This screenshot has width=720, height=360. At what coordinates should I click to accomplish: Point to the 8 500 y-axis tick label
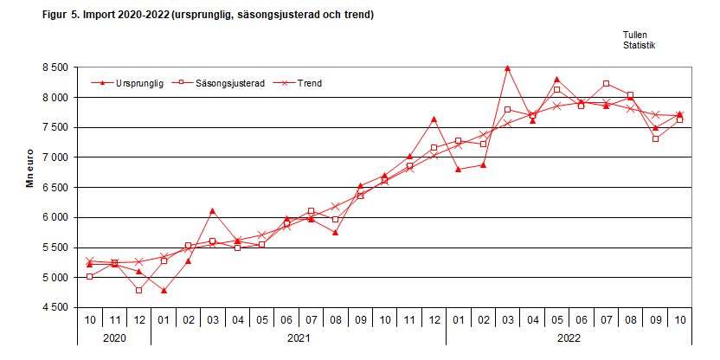coord(55,67)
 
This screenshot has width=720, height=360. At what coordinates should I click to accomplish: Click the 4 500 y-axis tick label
coord(55,307)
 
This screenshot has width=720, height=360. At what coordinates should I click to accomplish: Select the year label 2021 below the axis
coord(299,338)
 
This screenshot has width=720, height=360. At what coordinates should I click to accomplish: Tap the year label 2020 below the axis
coord(114,338)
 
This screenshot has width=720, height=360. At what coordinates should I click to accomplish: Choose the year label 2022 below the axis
coord(569,338)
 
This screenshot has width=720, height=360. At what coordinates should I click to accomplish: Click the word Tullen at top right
coord(636,35)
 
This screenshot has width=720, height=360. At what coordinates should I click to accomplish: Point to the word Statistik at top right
coord(640,45)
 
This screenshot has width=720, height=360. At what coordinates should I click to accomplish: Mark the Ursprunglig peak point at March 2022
coord(507,67)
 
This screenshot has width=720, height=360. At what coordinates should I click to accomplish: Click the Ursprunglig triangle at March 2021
coord(213,211)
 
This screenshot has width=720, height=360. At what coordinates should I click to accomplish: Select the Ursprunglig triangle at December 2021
coord(434,119)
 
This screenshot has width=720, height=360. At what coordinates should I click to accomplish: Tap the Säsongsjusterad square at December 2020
coord(138,290)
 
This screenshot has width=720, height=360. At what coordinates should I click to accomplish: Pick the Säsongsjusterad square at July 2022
coord(606,84)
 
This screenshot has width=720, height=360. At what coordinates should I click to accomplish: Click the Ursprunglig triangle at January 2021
coord(164,291)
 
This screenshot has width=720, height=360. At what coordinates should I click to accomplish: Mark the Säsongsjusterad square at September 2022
coord(655,138)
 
